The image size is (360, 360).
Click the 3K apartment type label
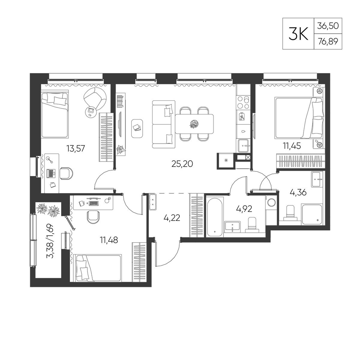coord(298,34)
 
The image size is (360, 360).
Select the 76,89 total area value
coord(328,41)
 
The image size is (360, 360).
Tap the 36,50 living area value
coord(328,26)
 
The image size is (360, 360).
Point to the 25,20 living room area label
coord(182,164)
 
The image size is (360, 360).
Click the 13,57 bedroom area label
coord(76,149)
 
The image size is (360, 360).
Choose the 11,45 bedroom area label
coord(292,145)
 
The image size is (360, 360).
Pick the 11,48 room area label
coord(109,240)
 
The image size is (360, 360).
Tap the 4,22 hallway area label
coord(172,217)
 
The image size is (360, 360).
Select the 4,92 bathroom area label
coord(244,209)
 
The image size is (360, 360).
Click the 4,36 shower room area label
coord(298,192)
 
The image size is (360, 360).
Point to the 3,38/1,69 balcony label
coord(50,241)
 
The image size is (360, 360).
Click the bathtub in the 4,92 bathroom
coord(215,216)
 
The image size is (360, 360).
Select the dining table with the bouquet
coord(194,124)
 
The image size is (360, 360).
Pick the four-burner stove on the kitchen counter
coord(243,102)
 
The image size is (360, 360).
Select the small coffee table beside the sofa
coord(137,129)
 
